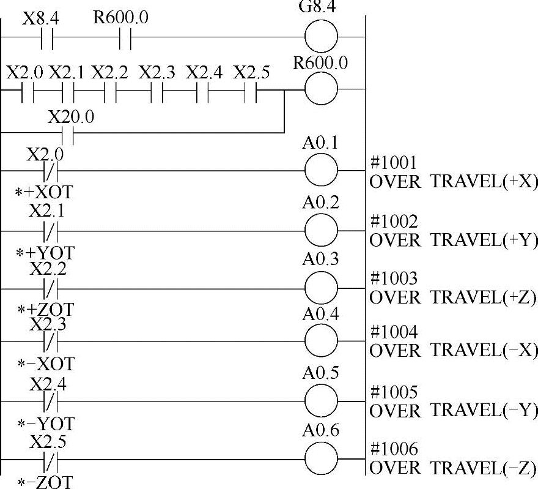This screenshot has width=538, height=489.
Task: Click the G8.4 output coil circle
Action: click(321, 37)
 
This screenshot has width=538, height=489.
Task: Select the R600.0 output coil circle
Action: click(321, 89)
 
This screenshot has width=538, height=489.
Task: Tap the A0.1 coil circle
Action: click(321, 170)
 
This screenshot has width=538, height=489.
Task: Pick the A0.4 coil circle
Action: click(321, 342)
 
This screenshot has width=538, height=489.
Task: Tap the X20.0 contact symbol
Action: click(69, 132)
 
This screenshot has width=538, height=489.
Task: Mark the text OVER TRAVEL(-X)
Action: click(453, 351)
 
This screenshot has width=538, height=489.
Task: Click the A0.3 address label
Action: click(320, 259)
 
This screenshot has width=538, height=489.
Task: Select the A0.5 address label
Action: click(320, 373)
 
